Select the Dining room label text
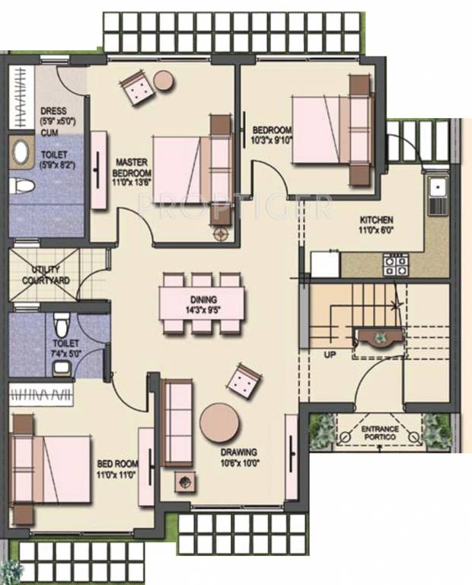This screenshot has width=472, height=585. (x=203, y=299)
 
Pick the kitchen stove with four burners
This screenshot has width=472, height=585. (x=394, y=264)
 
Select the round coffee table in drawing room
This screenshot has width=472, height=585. (x=220, y=422)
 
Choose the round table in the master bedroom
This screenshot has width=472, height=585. (x=164, y=79)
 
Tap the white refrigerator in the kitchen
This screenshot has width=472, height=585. (x=325, y=264)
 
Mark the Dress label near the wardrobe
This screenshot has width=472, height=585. (x=53, y=111)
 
